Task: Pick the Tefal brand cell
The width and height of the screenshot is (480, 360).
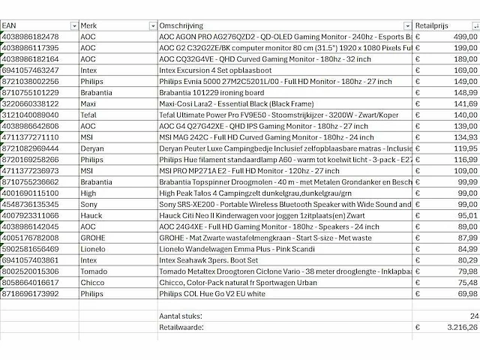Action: (x=88, y=114)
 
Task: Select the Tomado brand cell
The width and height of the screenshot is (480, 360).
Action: (x=92, y=269)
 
